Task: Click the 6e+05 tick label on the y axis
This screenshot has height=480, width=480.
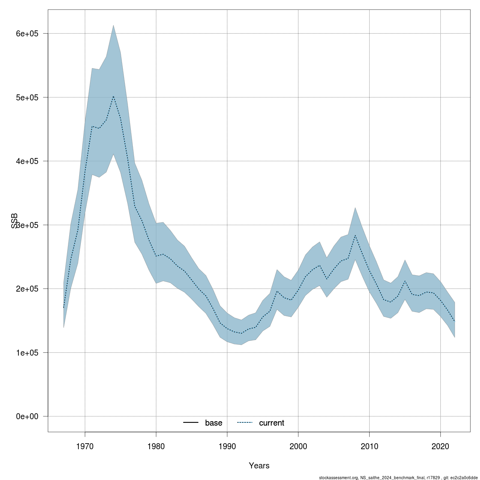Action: (x=26, y=34)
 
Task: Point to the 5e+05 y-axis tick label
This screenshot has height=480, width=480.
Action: (x=26, y=98)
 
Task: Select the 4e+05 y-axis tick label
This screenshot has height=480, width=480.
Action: (x=26, y=161)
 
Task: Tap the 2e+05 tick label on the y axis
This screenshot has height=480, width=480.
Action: (x=26, y=289)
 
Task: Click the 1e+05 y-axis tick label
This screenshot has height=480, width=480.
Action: (x=26, y=353)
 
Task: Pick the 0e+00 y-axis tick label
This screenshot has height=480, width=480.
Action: (x=26, y=416)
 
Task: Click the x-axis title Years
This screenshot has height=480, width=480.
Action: (x=259, y=466)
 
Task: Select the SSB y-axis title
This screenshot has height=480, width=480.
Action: (x=15, y=221)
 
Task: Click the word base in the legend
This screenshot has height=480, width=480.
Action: (x=214, y=423)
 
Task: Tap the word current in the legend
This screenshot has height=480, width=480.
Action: (x=272, y=423)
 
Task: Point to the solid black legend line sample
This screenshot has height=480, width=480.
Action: (x=191, y=423)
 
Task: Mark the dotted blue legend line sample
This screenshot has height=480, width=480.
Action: (x=245, y=423)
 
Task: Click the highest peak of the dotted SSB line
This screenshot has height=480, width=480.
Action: (x=114, y=96)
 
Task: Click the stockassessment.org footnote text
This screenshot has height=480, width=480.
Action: (x=398, y=478)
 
